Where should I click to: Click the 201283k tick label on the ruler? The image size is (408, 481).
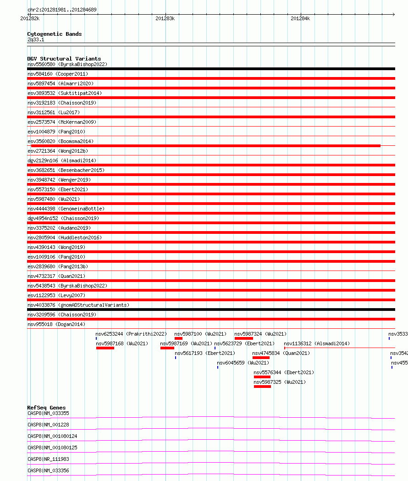click(x=165, y=18)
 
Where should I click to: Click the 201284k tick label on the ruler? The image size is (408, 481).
click(x=300, y=18)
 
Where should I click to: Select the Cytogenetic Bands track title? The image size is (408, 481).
click(x=54, y=34)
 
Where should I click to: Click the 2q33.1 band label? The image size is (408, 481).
click(x=36, y=40)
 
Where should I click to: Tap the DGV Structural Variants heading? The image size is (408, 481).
click(x=64, y=59)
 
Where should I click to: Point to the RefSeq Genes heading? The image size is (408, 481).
click(x=46, y=408)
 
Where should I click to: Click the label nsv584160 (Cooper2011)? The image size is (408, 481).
click(x=58, y=74)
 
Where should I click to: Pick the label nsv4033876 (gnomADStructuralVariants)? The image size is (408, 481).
click(x=78, y=305)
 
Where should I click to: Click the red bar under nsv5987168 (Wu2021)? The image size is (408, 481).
click(x=105, y=348)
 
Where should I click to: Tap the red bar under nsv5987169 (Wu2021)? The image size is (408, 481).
click(x=167, y=348)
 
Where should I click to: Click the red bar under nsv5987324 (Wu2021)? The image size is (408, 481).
click(x=243, y=338)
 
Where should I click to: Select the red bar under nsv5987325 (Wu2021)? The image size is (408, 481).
click(x=262, y=387)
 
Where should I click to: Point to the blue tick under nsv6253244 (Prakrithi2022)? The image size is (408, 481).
click(x=96, y=338)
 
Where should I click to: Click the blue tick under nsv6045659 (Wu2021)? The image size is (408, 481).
click(x=218, y=367)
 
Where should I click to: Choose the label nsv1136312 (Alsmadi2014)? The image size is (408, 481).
click(x=317, y=343)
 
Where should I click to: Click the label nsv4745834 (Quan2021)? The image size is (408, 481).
click(x=281, y=353)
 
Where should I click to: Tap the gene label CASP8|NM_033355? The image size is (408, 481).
click(x=48, y=413)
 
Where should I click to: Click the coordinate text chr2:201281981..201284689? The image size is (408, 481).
click(x=62, y=10)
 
